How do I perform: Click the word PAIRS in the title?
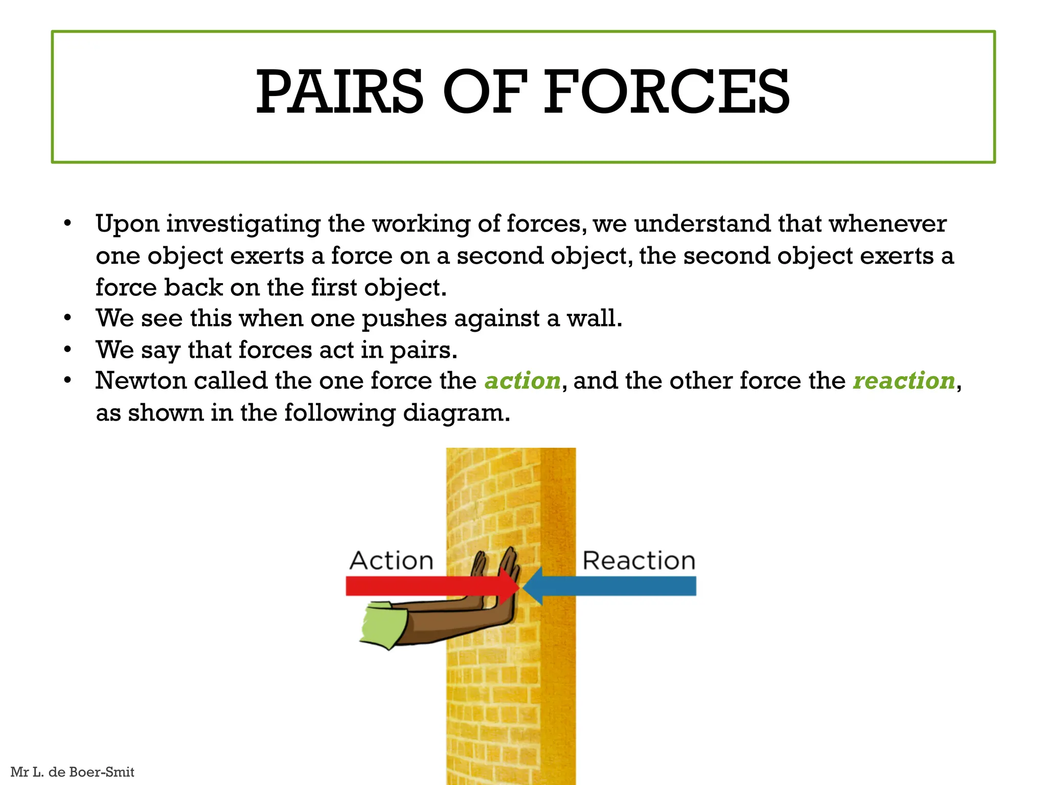pyautogui.click(x=339, y=92)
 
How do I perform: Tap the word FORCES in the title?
pyautogui.click(x=666, y=92)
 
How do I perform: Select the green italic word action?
pyautogui.click(x=522, y=381)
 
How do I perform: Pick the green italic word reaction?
pyautogui.click(x=904, y=381)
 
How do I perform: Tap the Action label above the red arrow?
pyautogui.click(x=392, y=561)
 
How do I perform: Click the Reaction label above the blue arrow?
pyautogui.click(x=639, y=561)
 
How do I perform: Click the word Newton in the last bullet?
pyautogui.click(x=141, y=381)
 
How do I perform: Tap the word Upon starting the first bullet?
pyautogui.click(x=127, y=225)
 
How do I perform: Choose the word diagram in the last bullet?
pyautogui.click(x=457, y=413)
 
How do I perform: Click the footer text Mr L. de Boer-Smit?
pyautogui.click(x=72, y=772)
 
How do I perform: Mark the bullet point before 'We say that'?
pyautogui.click(x=67, y=350)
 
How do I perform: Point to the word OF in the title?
pyautogui.click(x=484, y=92)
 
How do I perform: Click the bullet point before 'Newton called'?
pyautogui.click(x=67, y=381)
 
